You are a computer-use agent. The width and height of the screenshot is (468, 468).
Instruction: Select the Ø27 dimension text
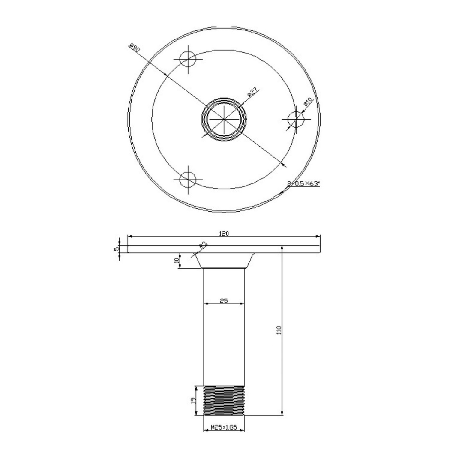tap(253, 92)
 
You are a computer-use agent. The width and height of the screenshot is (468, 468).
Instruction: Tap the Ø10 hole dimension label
tap(308, 101)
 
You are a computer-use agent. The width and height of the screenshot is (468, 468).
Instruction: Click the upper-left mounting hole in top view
tap(188, 60)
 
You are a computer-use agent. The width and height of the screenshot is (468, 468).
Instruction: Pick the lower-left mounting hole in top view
tap(188, 180)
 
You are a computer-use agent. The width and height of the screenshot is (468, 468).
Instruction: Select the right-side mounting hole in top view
tap(296, 119)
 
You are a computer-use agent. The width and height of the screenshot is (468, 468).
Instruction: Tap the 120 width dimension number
tap(224, 234)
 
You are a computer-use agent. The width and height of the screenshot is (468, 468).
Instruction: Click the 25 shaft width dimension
tap(224, 301)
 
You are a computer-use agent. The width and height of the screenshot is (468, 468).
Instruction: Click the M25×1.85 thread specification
tap(224, 427)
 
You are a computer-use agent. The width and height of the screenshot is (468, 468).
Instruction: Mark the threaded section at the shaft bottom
tap(224, 400)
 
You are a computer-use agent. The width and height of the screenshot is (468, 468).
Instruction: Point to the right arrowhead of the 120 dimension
tap(318, 236)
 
